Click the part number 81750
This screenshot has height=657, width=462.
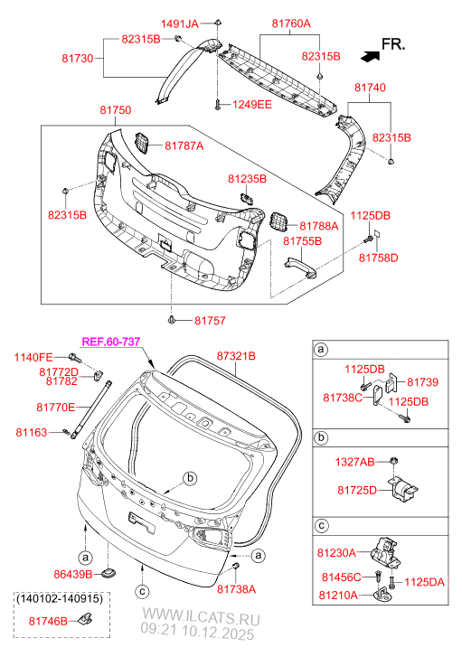coord(115,110)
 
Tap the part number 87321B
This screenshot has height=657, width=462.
coord(236,357)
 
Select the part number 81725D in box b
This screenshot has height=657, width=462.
coord(356,490)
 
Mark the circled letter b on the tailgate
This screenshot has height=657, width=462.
coord(189,477)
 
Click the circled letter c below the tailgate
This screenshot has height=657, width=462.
coord(142,592)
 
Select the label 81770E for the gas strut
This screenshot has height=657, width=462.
coord(56,408)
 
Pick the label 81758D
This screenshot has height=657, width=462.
coord(378,258)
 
